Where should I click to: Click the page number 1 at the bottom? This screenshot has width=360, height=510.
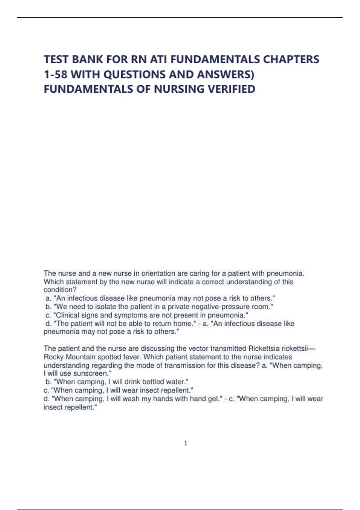pyautogui.click(x=186, y=443)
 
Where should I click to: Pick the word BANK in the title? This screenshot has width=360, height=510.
pyautogui.click(x=84, y=60)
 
